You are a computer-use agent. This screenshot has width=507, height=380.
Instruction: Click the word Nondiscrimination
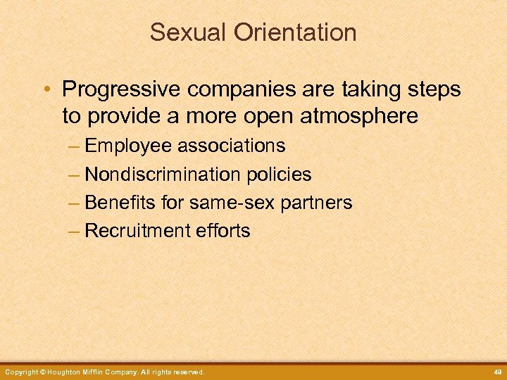159,175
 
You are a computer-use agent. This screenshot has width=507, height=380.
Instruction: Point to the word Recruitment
135,231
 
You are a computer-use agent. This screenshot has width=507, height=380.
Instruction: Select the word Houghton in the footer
63,372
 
